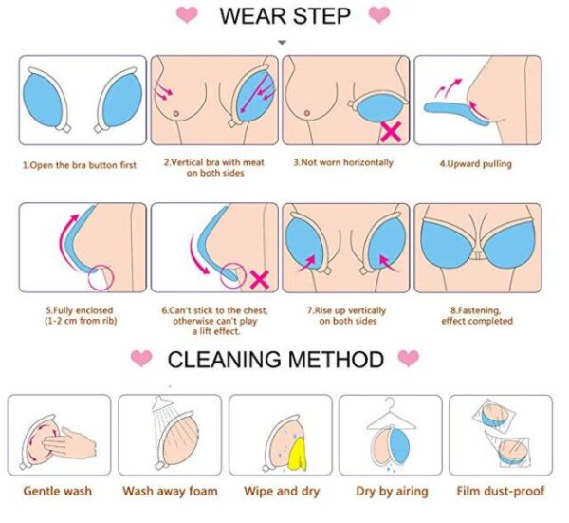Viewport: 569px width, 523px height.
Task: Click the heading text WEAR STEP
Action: [284, 16]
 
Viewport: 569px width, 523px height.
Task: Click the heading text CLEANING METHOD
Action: [276, 359]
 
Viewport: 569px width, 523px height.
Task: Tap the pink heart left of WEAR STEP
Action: [187, 14]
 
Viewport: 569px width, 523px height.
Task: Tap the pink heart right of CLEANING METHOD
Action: [408, 358]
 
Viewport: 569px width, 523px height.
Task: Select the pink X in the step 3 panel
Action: [391, 132]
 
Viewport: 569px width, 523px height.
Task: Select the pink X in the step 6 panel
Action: [260, 280]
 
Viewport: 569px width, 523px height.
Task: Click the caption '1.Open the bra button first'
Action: [80, 165]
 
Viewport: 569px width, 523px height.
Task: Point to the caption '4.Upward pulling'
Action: [476, 164]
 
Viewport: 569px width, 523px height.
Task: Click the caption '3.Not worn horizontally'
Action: [343, 162]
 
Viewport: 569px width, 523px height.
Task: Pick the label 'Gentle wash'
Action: [58, 491]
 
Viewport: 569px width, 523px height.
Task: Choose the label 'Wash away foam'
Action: [170, 491]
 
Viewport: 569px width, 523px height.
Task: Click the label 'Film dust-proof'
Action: [501, 491]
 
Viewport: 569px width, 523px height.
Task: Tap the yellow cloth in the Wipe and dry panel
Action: [298, 455]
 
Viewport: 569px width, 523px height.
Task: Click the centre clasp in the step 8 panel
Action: [478, 256]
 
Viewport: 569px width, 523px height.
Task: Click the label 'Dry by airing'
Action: [392, 491]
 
